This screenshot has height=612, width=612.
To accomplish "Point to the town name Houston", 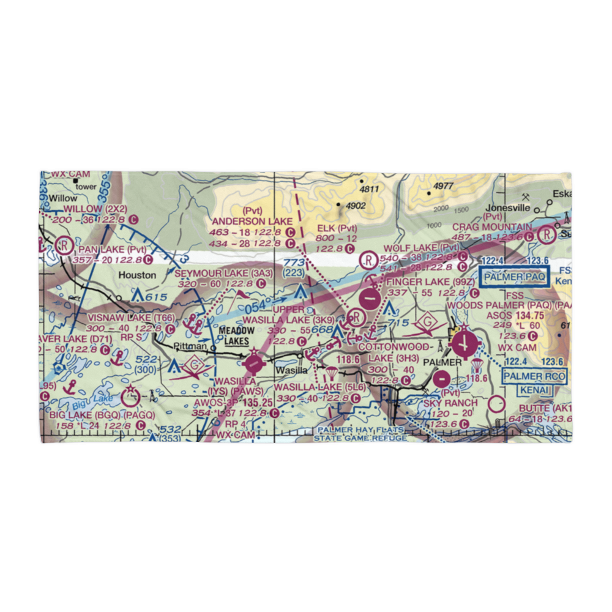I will click(x=137, y=275).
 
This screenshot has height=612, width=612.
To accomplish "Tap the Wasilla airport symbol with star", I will click(x=253, y=364).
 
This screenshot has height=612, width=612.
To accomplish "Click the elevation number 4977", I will click(x=442, y=186).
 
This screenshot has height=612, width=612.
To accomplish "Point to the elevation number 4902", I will click(x=354, y=206).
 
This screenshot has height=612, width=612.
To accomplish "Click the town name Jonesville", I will click(x=507, y=207).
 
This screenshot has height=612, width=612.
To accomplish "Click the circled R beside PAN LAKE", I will click(x=62, y=245).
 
